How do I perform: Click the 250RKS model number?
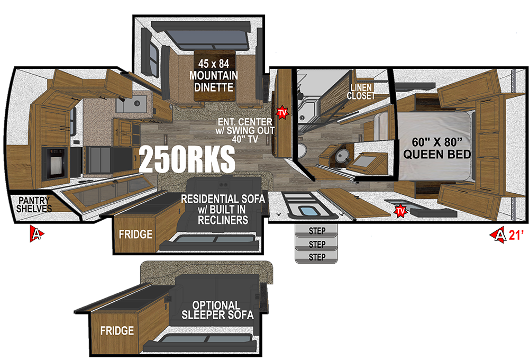click(x=187, y=159)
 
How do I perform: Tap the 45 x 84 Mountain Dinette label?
click(x=214, y=75)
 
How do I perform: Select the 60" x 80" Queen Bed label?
click(x=437, y=148)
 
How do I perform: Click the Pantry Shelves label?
click(x=34, y=205)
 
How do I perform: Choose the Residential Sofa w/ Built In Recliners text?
click(x=223, y=209)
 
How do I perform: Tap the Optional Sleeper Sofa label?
click(x=217, y=310)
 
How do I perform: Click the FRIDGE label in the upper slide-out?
click(x=135, y=234)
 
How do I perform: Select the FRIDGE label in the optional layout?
click(x=117, y=330)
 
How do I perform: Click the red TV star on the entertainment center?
click(x=282, y=112)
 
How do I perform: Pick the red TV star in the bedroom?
click(x=400, y=211)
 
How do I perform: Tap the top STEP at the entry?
click(x=316, y=231)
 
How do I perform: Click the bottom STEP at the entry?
click(x=316, y=257)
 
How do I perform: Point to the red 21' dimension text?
click(x=516, y=235)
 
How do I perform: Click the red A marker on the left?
click(x=37, y=233)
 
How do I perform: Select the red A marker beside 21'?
click(x=498, y=235)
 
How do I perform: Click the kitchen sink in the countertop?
click(x=132, y=103)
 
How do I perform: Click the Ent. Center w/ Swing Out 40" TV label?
click(x=245, y=130)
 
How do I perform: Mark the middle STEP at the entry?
click(x=316, y=244)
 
